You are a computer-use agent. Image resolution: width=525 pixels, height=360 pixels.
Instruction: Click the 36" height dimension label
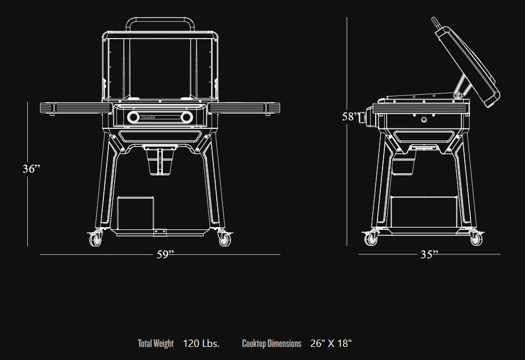click(32, 169)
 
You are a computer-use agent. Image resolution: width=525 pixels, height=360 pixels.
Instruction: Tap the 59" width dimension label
click(165, 255)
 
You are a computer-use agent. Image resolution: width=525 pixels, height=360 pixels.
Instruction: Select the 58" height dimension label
click(350, 117)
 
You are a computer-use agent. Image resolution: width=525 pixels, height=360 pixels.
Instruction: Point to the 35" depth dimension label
click(429, 255)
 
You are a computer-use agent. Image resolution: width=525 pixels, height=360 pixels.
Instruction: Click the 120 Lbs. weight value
click(201, 344)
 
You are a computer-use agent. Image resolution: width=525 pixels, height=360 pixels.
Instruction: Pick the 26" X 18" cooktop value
click(331, 344)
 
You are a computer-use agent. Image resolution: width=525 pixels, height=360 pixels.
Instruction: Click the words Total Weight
click(156, 344)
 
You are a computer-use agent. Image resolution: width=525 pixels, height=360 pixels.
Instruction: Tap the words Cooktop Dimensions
click(271, 344)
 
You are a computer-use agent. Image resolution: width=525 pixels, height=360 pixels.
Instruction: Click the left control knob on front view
click(133, 118)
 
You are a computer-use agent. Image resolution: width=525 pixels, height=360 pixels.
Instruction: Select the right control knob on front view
click(186, 118)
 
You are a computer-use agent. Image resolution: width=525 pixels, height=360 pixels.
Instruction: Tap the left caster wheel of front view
click(95, 240)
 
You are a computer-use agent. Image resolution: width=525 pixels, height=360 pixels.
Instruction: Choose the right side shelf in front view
click(244, 107)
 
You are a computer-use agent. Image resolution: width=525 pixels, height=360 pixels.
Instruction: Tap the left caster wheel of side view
click(372, 240)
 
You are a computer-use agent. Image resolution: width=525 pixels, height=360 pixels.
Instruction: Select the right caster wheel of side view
click(476, 240)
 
